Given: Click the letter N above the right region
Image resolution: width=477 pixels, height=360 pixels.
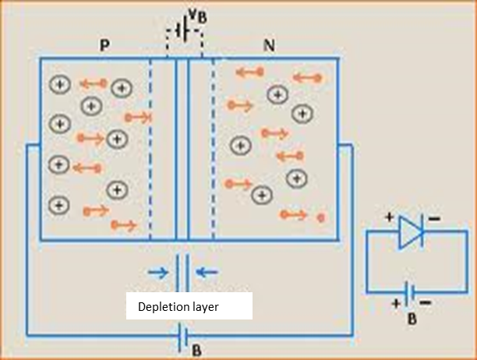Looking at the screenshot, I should coord(270,45).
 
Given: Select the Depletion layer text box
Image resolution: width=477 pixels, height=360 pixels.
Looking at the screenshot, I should coord(189,306).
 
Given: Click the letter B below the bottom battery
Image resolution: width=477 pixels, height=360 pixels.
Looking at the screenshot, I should coord(196,350).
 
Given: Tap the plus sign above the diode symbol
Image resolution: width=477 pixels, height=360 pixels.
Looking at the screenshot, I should coord(390,218).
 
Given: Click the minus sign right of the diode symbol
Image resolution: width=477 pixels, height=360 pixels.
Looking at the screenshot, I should coord(433,219).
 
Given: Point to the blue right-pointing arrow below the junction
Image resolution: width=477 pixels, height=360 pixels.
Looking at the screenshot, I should coord(158,272).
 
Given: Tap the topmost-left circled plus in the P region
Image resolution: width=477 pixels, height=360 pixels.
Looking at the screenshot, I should coord(59,84).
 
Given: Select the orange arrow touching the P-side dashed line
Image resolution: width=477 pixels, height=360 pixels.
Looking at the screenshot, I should coord(138,118).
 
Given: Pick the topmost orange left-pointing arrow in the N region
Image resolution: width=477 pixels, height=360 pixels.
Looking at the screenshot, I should coord(249,72).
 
